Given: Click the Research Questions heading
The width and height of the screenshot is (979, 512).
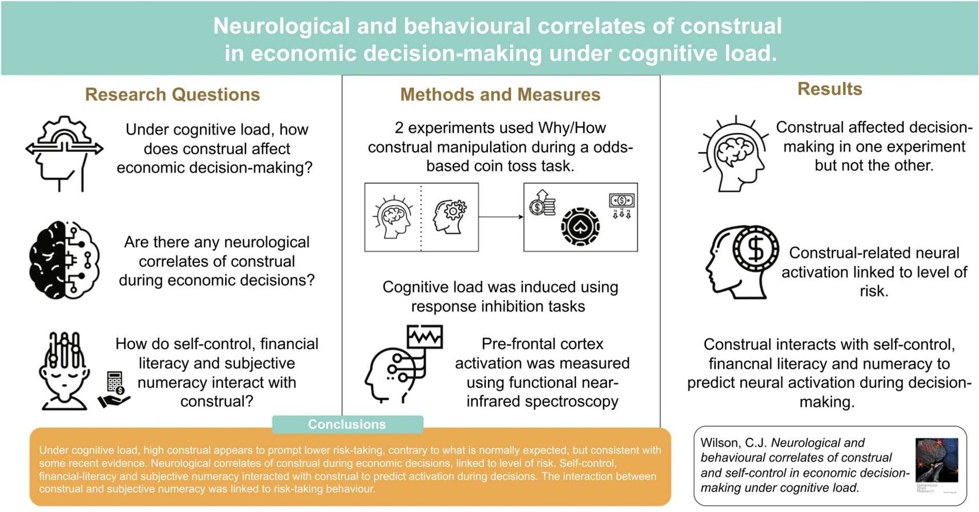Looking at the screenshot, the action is [x=172, y=94].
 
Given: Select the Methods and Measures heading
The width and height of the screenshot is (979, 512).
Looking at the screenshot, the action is [x=500, y=94].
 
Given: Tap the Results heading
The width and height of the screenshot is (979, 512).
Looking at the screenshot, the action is [x=829, y=89].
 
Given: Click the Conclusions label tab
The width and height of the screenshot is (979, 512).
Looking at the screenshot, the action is [x=347, y=424].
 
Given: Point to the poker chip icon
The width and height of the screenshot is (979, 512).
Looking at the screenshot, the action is [x=580, y=227].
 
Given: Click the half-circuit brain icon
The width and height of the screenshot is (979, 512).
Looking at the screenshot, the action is [x=64, y=259].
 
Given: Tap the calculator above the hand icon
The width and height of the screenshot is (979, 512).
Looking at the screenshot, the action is [x=114, y=382].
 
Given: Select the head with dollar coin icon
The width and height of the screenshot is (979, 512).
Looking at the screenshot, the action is [x=742, y=261].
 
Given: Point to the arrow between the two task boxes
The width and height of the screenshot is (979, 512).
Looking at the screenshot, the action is [x=501, y=217].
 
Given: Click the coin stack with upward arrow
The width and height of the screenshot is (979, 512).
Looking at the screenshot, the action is [x=542, y=202].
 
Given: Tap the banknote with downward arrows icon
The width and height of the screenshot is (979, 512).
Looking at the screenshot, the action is [x=621, y=206].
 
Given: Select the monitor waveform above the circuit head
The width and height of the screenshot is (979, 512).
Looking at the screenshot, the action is [x=425, y=337].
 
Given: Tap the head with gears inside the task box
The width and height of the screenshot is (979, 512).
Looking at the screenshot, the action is [x=450, y=217].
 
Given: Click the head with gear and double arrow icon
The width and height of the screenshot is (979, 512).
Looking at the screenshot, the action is [x=64, y=154].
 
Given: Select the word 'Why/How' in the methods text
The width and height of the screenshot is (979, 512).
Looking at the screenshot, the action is [x=572, y=128].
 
